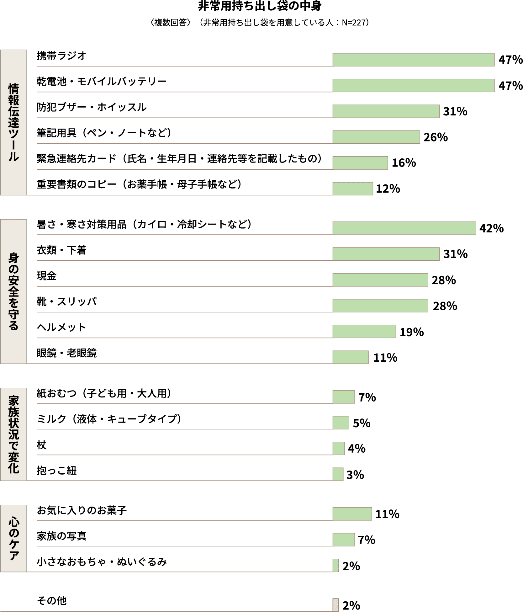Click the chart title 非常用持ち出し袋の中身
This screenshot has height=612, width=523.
260,7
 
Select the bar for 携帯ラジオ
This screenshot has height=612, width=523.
413,60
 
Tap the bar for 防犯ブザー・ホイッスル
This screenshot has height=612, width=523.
386,111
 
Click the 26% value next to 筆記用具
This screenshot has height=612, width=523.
436,137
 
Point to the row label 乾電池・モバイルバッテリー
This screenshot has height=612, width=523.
102,82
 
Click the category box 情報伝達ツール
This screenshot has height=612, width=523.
13,122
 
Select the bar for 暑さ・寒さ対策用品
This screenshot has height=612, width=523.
404,228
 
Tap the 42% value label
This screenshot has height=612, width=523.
491,228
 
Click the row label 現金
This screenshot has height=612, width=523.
47,276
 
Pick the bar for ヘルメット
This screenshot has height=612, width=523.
364,332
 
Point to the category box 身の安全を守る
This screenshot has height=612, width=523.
13,291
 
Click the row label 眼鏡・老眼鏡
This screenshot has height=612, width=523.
66,353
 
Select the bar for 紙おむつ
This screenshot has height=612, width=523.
343,397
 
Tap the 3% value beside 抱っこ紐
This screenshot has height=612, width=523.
355,475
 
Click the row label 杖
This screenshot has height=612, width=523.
41,445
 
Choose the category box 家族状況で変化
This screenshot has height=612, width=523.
13,434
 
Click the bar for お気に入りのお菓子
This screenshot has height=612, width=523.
352,514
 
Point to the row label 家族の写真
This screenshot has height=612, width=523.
61,536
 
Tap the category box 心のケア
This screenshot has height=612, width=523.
13,538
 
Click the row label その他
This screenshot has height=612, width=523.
52,601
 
